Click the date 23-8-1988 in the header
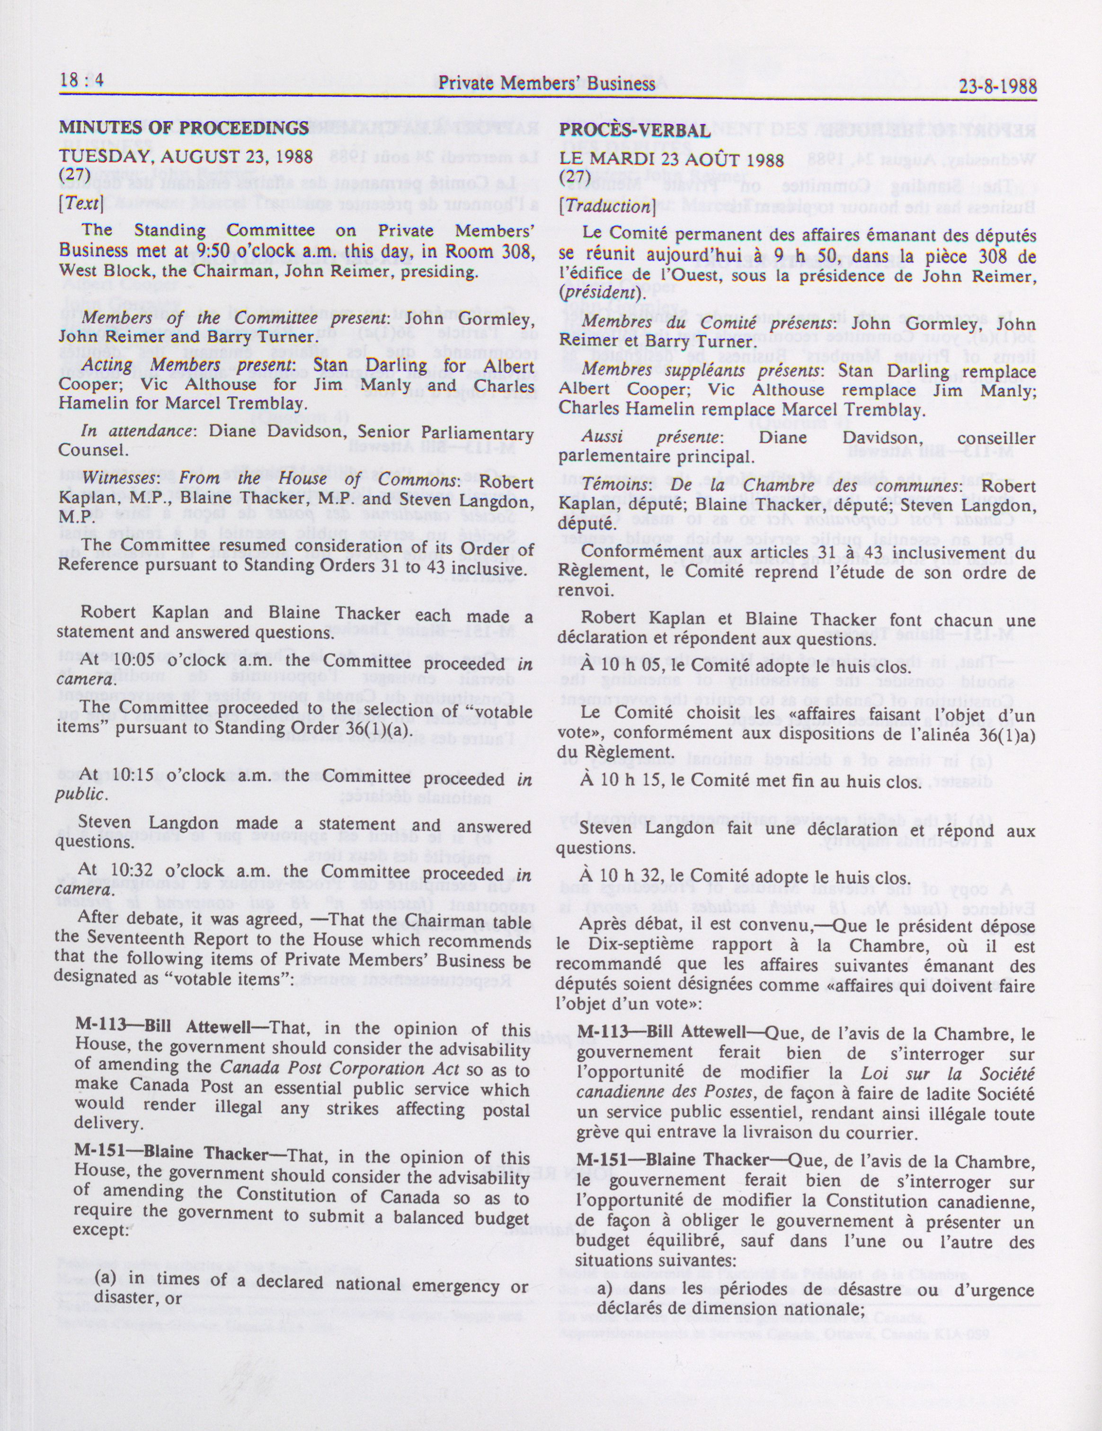[x=997, y=87]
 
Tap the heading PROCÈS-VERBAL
[x=634, y=130]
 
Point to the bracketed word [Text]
[x=80, y=203]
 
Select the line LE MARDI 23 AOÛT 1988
[x=672, y=160]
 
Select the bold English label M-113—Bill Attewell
[x=163, y=1027]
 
